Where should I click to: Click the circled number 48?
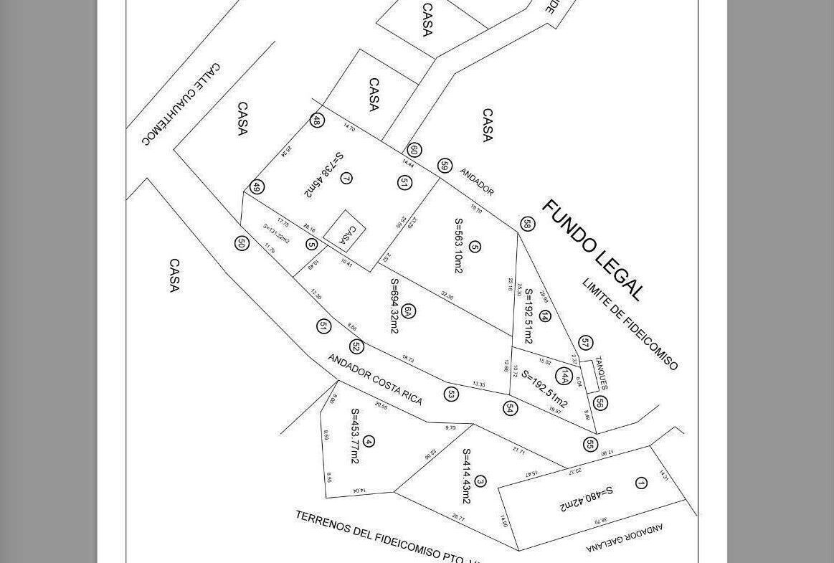[x=316, y=120]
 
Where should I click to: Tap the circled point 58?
[x=527, y=224]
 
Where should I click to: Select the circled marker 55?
[x=590, y=445]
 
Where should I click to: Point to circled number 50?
[x=242, y=243]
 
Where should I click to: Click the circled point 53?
[x=451, y=394]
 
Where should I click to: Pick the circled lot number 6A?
[x=408, y=311]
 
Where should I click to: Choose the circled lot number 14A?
[x=565, y=376]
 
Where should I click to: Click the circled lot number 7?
[x=346, y=178]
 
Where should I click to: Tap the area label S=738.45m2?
[x=323, y=175]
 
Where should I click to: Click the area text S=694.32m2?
[x=394, y=306]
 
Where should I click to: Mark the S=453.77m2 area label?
[x=354, y=436]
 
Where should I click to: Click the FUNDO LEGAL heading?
[x=592, y=250]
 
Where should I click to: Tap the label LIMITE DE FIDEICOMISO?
[x=630, y=324]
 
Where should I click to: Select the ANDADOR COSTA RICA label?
[x=375, y=379]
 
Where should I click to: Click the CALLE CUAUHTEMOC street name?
[x=181, y=103]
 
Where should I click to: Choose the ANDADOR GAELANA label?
[x=625, y=539]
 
